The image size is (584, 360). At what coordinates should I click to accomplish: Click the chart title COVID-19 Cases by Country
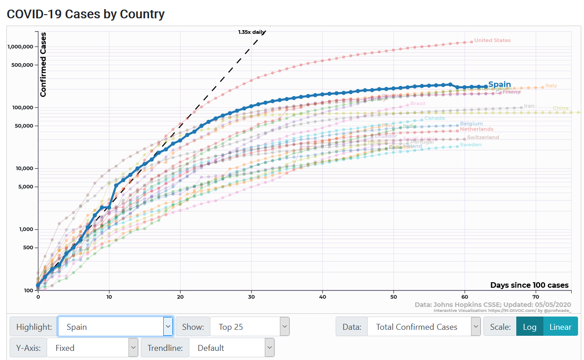coord(86,14)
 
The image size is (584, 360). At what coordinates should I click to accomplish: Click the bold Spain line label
coord(499,85)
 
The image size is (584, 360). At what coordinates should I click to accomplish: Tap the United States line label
coord(492,40)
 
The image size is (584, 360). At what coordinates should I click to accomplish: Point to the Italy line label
coord(551,86)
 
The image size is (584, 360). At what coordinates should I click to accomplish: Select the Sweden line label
coord(470,145)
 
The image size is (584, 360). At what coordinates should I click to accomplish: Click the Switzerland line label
coord(483,137)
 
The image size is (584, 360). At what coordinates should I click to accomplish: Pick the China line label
coord(561,108)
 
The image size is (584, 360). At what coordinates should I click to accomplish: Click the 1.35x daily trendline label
coord(252,32)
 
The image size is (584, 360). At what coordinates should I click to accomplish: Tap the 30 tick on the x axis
coord(252,296)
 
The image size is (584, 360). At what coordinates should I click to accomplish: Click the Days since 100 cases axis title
coord(529,285)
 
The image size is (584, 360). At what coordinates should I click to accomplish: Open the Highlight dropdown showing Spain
coord(115,327)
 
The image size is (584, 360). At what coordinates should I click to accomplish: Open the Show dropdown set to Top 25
coord(250,327)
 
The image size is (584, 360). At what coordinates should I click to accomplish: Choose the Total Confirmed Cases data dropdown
coord(423,327)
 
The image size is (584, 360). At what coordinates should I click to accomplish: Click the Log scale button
coord(530,327)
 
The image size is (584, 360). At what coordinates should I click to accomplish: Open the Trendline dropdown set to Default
coord(231,348)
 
